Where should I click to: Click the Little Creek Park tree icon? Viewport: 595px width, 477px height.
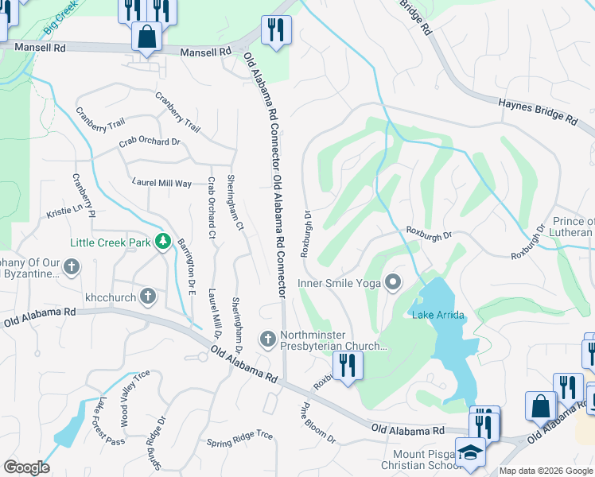[x=163, y=240]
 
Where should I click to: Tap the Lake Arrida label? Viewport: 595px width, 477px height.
[x=437, y=316]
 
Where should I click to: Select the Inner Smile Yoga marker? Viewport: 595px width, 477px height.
[x=393, y=283]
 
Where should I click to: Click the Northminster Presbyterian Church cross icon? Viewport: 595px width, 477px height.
[x=268, y=339]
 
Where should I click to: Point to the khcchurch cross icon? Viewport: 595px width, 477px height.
[x=147, y=297]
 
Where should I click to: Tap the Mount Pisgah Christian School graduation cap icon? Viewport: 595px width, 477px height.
[x=470, y=451]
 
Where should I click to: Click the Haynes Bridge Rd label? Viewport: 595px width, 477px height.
[x=538, y=111]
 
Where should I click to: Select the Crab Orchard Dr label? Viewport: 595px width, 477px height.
[x=150, y=142]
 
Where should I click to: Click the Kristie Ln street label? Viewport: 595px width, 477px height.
[x=64, y=211]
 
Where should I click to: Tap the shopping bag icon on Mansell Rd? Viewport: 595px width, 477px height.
[x=146, y=37]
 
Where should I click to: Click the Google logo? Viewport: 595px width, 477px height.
[x=26, y=467]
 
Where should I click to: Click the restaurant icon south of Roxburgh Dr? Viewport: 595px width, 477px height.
[x=347, y=366]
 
